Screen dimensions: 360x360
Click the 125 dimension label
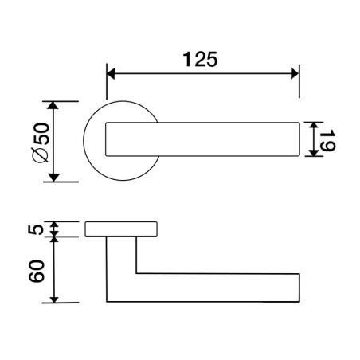click(x=200, y=59)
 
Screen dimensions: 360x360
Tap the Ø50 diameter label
click(x=41, y=142)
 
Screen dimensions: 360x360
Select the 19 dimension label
click(x=327, y=140)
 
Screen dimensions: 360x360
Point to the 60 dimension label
click(x=37, y=271)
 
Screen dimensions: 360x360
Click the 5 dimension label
click(x=36, y=229)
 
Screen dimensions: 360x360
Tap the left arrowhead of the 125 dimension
click(x=111, y=73)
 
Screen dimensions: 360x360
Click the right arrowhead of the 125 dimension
click(x=295, y=73)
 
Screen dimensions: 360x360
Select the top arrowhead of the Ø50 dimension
click(x=53, y=105)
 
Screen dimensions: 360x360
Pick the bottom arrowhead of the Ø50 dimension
click(x=54, y=178)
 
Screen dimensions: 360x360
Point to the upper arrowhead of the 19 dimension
click(x=314, y=126)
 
